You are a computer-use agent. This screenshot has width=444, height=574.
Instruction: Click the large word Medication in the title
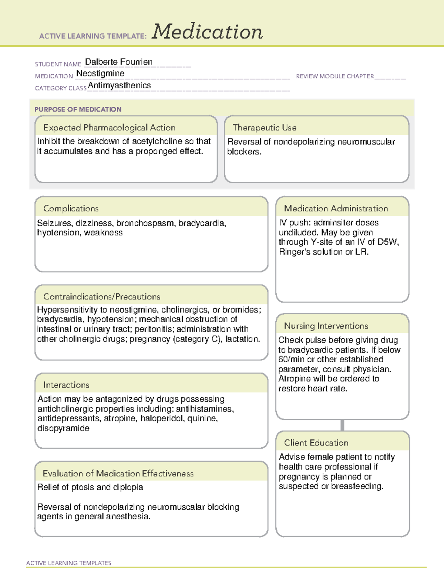[x=207, y=32]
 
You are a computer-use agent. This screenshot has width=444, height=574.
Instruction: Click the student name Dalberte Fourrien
[x=118, y=62]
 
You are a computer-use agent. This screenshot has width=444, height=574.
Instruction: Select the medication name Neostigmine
[x=100, y=74]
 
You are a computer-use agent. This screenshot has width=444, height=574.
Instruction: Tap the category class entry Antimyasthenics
[x=119, y=85]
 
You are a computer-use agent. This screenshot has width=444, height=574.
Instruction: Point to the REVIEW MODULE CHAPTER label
[x=335, y=76]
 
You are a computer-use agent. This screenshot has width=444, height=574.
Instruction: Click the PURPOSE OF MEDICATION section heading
[x=78, y=109]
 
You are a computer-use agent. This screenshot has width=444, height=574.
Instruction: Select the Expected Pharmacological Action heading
[x=109, y=128]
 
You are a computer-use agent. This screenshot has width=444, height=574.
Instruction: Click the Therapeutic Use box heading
[x=264, y=128]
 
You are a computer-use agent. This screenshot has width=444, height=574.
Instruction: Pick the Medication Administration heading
[x=336, y=208]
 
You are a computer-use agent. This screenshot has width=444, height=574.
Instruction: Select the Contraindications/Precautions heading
[x=102, y=296]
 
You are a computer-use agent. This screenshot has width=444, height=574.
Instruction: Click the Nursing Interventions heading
[x=326, y=326]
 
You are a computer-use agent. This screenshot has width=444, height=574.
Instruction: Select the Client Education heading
[x=316, y=442]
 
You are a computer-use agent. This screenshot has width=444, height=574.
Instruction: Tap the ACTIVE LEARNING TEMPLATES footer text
[x=68, y=563]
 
